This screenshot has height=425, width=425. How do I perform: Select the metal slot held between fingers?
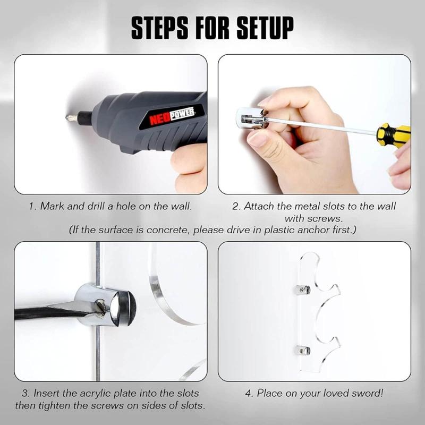(x=250, y=118)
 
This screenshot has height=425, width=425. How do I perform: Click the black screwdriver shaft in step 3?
(x=48, y=310)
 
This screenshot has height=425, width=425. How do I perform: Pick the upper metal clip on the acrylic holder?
(x=302, y=290)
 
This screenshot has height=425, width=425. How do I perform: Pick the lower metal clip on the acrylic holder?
(x=302, y=350)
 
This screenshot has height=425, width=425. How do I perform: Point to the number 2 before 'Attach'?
(x=235, y=206)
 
